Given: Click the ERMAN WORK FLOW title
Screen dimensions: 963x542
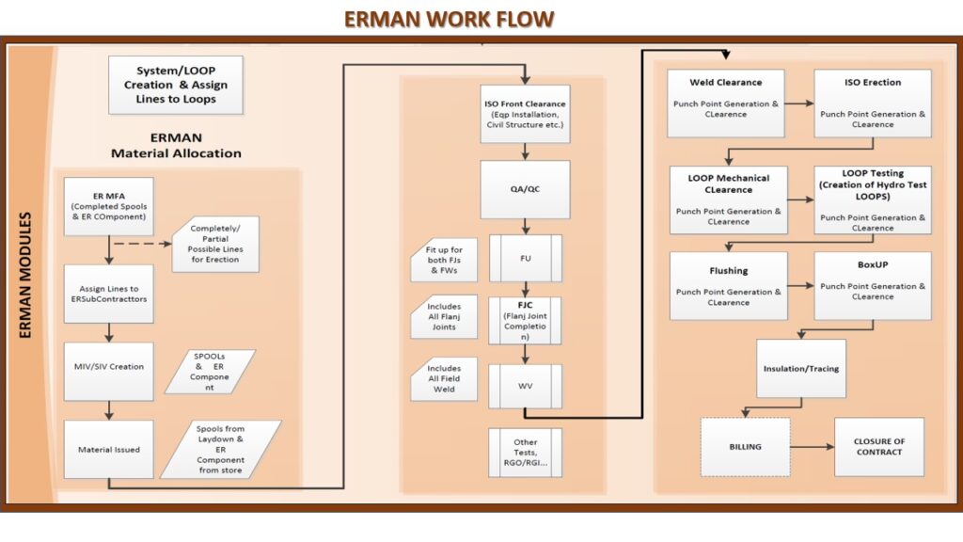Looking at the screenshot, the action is point(449,19).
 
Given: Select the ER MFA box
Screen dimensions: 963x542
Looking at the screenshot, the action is point(109,206).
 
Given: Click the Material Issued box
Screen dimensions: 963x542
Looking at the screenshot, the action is point(109,449).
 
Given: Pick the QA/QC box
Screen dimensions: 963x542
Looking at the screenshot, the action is point(525,189).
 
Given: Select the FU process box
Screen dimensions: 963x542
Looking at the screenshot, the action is point(525,258).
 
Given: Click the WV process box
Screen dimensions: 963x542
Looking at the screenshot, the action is point(525,386).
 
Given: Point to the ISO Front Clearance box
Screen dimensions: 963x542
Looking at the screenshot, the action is point(525,114).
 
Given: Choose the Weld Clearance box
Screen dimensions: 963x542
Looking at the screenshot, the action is point(726,104).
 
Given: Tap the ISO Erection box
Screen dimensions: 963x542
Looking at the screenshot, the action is point(873,104).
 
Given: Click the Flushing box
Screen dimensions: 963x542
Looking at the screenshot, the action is point(729,286).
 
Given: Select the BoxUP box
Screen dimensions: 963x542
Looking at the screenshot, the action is point(873,286).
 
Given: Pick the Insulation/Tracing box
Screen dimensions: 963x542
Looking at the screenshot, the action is point(801,369).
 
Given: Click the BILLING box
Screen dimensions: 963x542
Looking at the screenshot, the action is point(746,447).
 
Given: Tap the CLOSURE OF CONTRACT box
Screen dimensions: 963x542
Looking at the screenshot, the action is point(879,447).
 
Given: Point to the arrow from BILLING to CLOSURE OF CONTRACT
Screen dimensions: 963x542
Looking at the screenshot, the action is point(813,447).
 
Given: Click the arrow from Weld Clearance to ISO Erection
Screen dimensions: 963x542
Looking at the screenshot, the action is point(799,104).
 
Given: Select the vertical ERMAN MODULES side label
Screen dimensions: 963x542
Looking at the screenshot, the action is point(25,275).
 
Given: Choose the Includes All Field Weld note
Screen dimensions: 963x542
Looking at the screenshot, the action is point(444,378).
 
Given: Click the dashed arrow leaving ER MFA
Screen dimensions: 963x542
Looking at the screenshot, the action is point(143,244).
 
